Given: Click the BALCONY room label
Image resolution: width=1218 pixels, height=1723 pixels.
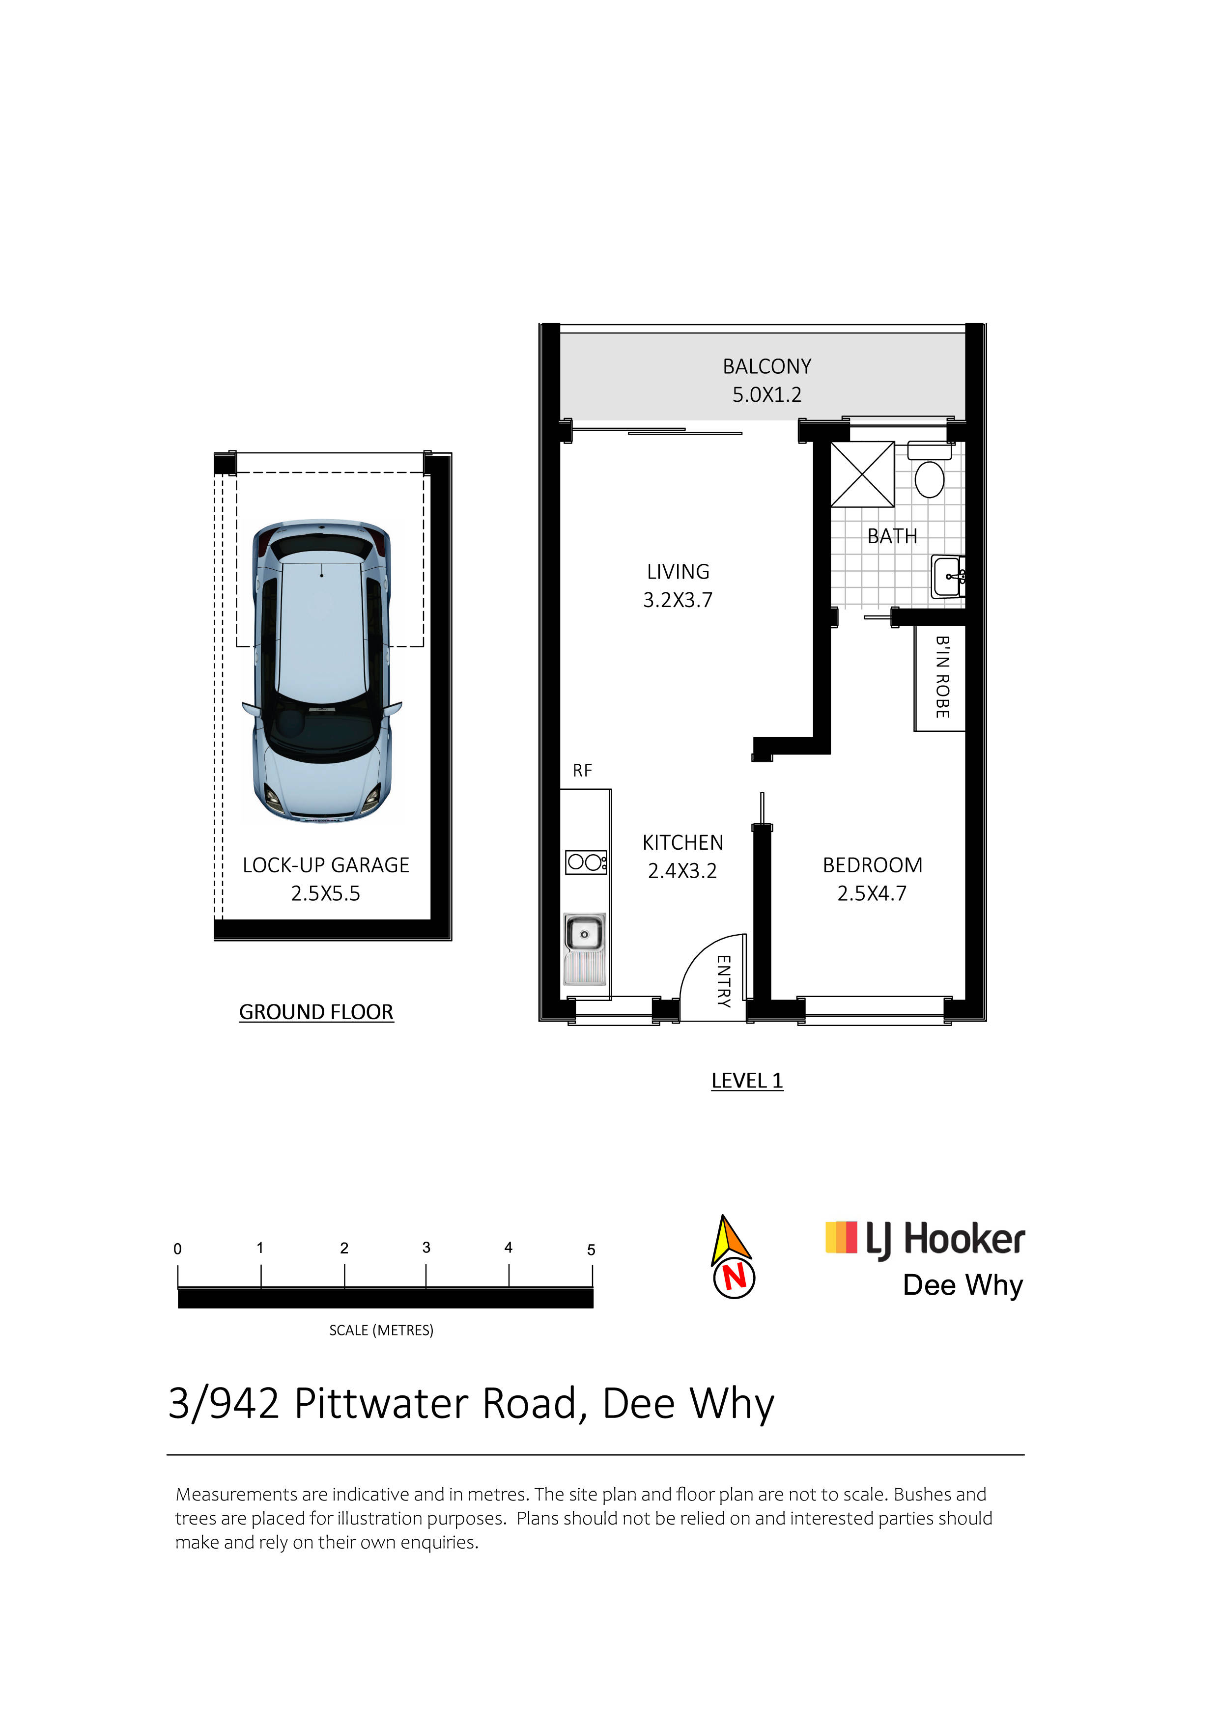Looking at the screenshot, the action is (x=767, y=366).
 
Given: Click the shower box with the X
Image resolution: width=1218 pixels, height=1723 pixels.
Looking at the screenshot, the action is (x=862, y=474).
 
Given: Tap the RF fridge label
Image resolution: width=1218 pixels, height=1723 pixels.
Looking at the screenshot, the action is (x=582, y=771).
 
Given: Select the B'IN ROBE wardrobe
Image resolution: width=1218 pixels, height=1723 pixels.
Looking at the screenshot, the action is (x=939, y=677).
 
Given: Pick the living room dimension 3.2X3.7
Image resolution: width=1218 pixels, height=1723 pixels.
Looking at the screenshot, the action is (x=678, y=600).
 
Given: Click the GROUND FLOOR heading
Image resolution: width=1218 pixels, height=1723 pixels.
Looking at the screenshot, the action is (x=316, y=1012).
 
